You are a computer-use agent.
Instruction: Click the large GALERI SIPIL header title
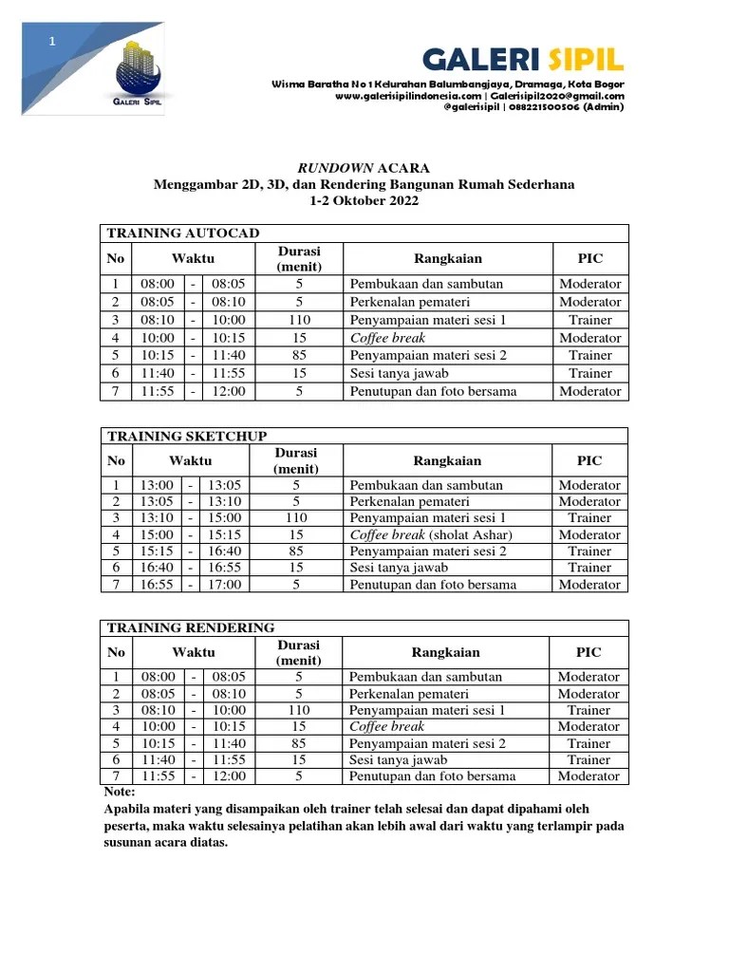pyautogui.click(x=523, y=62)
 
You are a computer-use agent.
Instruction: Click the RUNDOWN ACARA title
pyautogui.click(x=364, y=168)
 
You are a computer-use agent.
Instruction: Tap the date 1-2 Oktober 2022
pyautogui.click(x=364, y=201)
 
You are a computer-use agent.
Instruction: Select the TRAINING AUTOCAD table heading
pyautogui.click(x=183, y=234)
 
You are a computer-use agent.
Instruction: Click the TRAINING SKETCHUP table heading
pyautogui.click(x=186, y=436)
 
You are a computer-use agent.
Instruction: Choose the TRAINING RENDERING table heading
pyautogui.click(x=191, y=627)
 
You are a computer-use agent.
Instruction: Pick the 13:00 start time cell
pyautogui.click(x=157, y=485)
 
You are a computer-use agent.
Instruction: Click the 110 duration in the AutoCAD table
pyautogui.click(x=299, y=320)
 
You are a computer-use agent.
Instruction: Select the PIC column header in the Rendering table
pyautogui.click(x=589, y=652)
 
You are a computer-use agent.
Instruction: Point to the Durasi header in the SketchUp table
pyautogui.click(x=297, y=460)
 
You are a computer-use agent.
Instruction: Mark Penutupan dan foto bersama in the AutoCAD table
pyautogui.click(x=433, y=391)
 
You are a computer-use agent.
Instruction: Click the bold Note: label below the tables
pyautogui.click(x=119, y=792)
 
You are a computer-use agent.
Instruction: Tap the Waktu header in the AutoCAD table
pyautogui.click(x=193, y=258)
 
